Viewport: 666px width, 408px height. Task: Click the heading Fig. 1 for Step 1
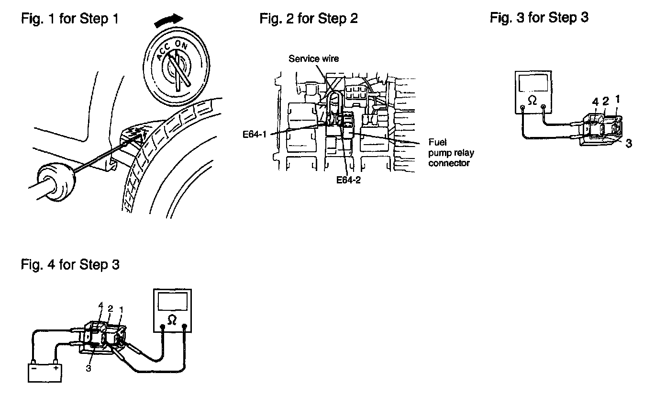point(70,19)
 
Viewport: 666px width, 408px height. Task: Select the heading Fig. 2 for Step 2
point(309,19)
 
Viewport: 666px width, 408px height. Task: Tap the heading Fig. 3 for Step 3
point(539,17)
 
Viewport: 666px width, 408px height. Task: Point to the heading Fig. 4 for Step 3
point(70,264)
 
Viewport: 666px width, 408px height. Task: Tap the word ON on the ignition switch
point(181,45)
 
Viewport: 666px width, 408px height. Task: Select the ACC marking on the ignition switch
point(163,51)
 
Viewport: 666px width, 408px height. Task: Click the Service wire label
point(314,58)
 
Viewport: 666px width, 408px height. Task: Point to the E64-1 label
point(255,135)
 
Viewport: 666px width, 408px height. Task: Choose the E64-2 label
point(348,180)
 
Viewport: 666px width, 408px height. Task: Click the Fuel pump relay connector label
point(451,153)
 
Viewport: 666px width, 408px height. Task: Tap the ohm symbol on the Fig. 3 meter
point(532,101)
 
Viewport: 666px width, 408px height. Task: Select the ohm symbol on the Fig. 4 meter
point(172,320)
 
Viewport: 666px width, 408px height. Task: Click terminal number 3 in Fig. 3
point(629,144)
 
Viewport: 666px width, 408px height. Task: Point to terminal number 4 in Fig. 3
point(595,102)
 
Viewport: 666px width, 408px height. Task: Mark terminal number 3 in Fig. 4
point(89,368)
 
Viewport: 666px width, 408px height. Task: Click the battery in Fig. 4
point(44,373)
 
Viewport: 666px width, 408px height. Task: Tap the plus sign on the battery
point(55,368)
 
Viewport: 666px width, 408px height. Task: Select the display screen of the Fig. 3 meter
point(533,83)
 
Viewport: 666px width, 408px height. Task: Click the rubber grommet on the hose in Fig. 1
point(56,182)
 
